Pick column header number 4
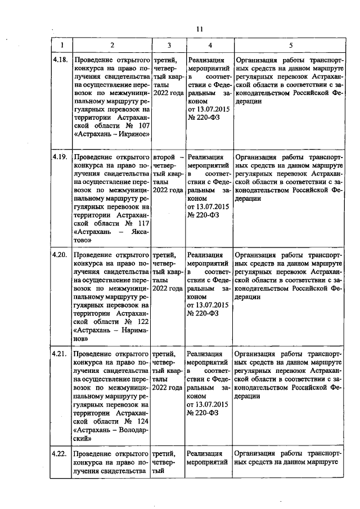pos(209,44)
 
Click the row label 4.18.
pos(60,59)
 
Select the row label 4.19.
pos(60,157)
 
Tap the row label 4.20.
pos(60,255)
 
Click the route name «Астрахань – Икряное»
pos(111,134)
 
